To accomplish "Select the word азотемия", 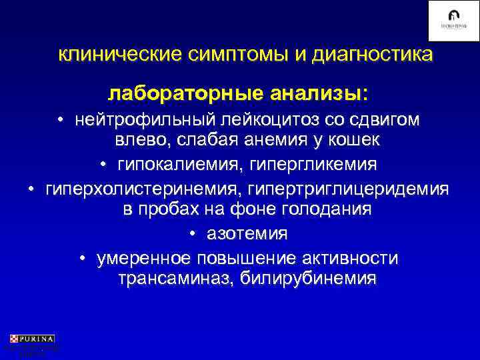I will coord(247,233).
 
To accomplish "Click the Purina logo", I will coord(31,339).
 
